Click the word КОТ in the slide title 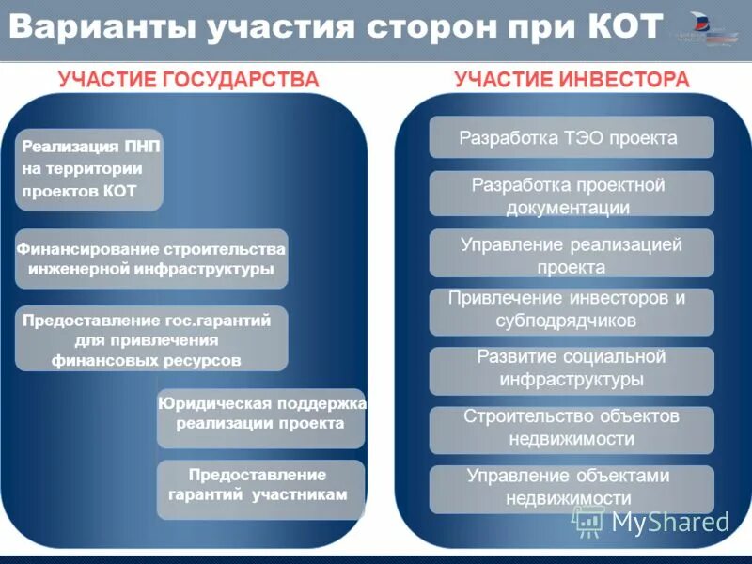coord(628,25)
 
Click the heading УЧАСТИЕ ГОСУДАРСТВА coord(188,80)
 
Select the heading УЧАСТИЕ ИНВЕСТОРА coord(572,80)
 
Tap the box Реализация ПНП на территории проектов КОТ coord(90,170)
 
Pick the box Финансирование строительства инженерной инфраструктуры coord(151,258)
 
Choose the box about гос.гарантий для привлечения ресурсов coord(151,338)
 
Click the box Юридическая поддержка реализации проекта coord(261,414)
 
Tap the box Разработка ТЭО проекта coord(572,137)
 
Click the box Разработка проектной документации coord(572,196)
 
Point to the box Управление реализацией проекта coord(572,255)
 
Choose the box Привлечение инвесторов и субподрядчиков coord(572,309)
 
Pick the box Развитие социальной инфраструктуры coord(572,368)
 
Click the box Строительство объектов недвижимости coord(572,427)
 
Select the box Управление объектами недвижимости coord(572,487)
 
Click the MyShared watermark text coord(670,523)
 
